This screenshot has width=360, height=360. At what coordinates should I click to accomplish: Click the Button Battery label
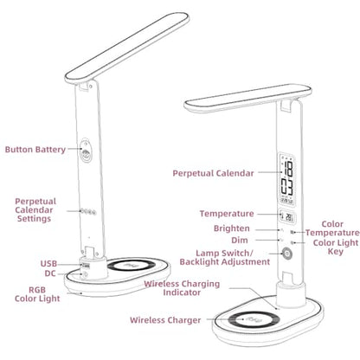click(x=35, y=150)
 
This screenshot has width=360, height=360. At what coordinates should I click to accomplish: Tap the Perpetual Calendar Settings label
click(x=35, y=210)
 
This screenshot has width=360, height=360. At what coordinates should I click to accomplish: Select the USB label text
click(x=48, y=264)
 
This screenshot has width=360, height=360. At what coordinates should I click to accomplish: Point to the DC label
click(x=50, y=273)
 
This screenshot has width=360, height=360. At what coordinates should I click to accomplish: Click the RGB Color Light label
click(x=37, y=294)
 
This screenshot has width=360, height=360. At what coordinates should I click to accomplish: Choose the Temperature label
click(x=227, y=214)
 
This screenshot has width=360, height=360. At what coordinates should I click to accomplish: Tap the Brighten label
click(x=232, y=228)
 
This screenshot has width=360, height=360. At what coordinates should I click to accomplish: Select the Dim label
click(x=240, y=241)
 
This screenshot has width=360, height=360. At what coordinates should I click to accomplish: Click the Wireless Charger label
click(x=165, y=320)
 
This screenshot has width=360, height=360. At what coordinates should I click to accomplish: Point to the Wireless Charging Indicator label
click(x=182, y=288)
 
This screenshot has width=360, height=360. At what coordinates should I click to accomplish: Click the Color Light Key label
click(x=336, y=247)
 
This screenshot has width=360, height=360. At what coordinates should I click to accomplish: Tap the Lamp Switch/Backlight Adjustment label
click(x=225, y=258)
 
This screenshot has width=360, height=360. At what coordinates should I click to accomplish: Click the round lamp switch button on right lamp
click(x=287, y=254)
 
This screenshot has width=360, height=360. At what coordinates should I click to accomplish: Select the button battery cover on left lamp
click(x=86, y=151)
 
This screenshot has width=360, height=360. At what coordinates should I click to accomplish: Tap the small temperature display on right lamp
click(x=287, y=216)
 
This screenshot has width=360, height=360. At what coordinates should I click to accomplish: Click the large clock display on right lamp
click(x=286, y=178)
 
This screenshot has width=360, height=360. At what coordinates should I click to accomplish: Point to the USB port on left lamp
click(x=86, y=265)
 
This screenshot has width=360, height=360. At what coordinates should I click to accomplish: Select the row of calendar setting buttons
click(x=88, y=212)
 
